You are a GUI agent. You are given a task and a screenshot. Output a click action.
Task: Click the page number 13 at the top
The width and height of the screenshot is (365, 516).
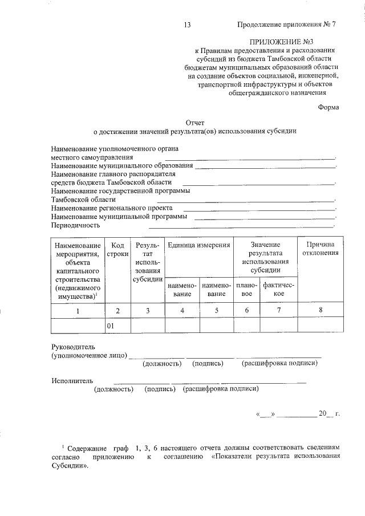click(x=187, y=25)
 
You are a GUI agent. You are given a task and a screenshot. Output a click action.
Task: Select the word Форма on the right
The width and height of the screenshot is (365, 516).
click(x=328, y=107)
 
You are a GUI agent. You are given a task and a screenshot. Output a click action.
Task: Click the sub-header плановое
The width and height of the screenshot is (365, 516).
click(x=246, y=289)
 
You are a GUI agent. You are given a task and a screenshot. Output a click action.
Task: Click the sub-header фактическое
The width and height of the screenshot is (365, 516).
click(x=278, y=289)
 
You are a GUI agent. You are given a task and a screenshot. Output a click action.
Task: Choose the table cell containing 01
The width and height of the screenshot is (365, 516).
click(x=117, y=326)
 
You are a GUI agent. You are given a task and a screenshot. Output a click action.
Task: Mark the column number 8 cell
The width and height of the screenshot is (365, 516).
click(x=320, y=311)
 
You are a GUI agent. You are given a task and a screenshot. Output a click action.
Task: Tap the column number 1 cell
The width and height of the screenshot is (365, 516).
click(x=79, y=311)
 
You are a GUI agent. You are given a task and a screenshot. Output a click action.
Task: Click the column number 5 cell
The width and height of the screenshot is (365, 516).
click(x=216, y=311)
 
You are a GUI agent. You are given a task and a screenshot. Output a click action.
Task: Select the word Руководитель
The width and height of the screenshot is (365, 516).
click(x=73, y=347)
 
